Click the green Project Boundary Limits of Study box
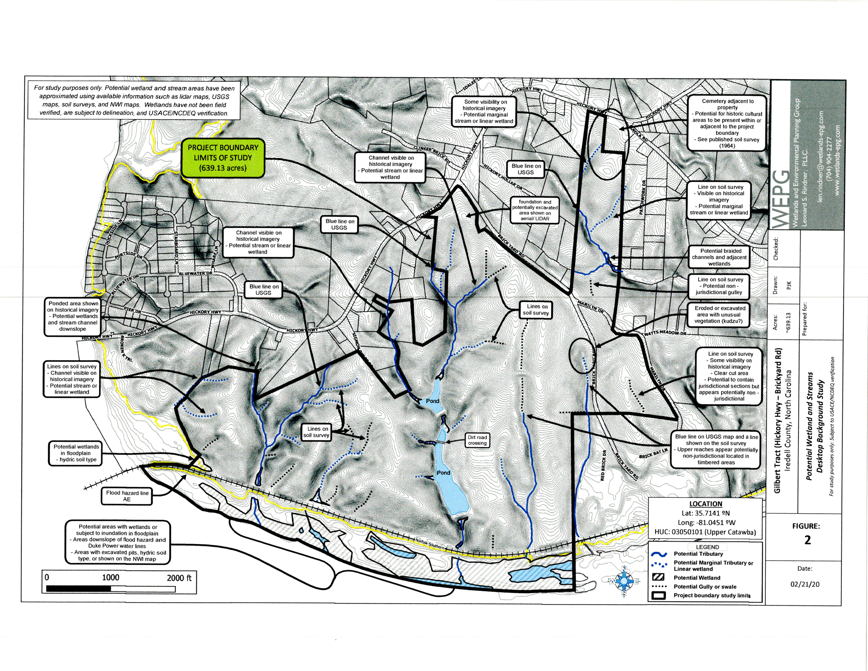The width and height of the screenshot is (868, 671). point(222,158)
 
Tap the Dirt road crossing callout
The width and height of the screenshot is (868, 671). point(477,440)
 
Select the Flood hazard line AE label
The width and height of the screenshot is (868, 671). point(127,496)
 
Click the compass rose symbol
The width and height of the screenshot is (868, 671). point(624,581)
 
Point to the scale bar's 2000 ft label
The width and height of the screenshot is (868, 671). point(179,578)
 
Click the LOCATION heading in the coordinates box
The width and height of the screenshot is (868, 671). point(705,504)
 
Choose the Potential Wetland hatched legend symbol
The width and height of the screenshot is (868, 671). point(659,577)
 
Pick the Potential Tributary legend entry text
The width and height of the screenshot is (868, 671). point(698,554)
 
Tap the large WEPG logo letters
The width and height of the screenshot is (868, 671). point(781,199)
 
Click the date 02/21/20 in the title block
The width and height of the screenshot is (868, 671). point(805,584)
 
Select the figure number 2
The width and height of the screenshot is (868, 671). point(807,540)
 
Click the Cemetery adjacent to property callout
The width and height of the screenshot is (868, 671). point(727,123)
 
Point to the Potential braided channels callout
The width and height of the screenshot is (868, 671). point(719,257)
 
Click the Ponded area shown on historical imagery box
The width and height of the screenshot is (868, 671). point(73,316)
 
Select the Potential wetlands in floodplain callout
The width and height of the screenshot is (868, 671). point(76,453)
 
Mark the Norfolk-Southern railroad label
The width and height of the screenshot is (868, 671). point(429,544)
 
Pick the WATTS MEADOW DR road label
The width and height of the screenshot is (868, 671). point(665,333)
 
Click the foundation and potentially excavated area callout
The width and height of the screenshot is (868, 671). point(535,210)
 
